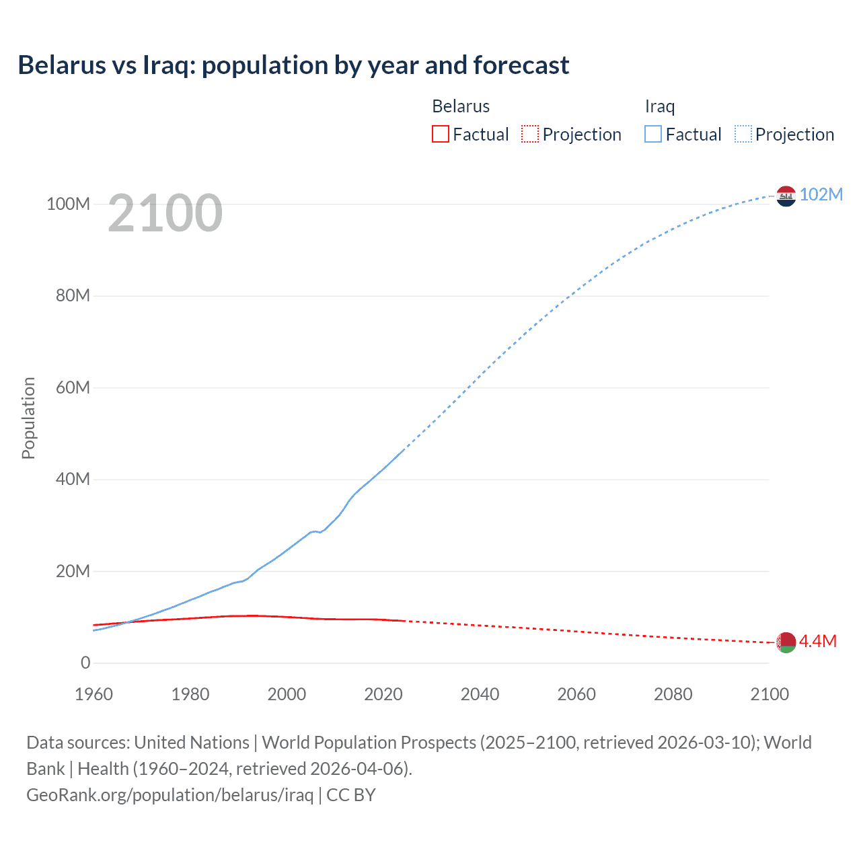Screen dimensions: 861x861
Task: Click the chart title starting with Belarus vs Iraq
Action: [x=293, y=65]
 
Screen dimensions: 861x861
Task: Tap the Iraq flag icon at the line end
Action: [x=786, y=196]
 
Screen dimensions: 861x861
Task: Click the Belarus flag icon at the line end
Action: [x=786, y=642]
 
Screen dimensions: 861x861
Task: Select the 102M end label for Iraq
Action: [x=821, y=194]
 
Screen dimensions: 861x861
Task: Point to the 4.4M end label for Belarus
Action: [x=817, y=641]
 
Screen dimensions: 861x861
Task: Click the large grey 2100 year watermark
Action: [x=165, y=213]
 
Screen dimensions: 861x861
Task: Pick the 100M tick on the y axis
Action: [x=68, y=204]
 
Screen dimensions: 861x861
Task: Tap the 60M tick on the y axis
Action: [x=72, y=387]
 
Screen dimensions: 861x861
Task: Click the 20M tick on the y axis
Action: [x=72, y=571]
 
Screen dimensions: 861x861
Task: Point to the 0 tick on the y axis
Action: [x=85, y=663]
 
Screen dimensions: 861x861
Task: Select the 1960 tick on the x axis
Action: [x=93, y=694]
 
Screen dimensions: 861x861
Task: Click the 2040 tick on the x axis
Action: [x=480, y=694]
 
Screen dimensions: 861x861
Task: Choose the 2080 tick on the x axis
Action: [x=673, y=694]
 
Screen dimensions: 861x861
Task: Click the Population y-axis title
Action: [x=28, y=418]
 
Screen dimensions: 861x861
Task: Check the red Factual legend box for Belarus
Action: [x=441, y=135]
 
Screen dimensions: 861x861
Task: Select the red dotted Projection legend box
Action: [x=530, y=135]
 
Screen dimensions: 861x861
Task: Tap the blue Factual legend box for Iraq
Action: [x=653, y=135]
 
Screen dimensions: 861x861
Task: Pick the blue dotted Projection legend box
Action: [x=743, y=135]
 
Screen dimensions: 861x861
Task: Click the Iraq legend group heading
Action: [x=659, y=106]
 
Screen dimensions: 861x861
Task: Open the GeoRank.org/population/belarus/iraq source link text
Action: [x=170, y=795]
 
